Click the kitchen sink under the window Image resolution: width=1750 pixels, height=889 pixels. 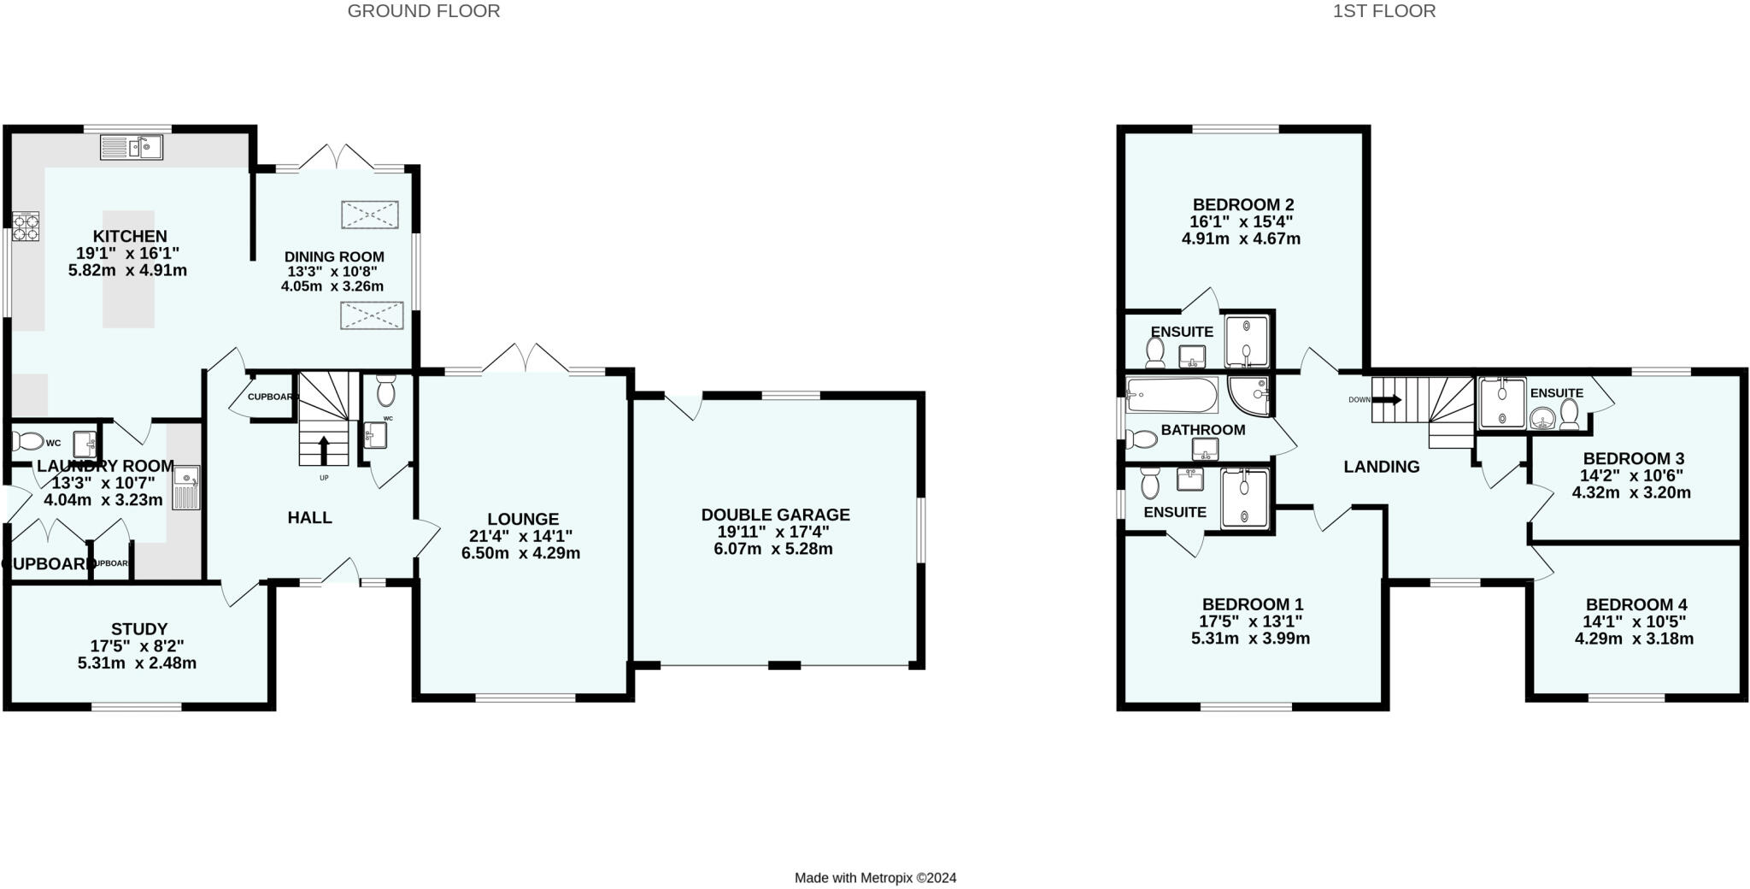click(132, 147)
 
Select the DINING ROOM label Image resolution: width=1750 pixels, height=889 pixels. click(334, 256)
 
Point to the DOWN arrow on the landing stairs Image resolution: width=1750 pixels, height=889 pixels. click(1388, 399)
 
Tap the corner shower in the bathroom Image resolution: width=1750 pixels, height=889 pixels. click(1250, 393)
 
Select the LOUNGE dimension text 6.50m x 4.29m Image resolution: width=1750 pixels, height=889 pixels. click(521, 553)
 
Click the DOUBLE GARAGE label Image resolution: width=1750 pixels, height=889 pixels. click(775, 515)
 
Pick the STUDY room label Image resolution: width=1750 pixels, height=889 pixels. click(139, 629)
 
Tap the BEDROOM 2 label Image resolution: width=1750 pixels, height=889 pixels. click(1243, 204)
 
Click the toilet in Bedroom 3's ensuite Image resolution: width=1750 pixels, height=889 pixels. click(1569, 415)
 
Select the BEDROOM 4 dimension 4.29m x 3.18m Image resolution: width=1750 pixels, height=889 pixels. click(1634, 639)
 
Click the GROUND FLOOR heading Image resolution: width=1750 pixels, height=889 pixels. click(424, 11)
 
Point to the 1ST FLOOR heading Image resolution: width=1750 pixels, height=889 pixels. click(1384, 11)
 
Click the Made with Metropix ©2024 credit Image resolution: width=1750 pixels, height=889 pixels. click(875, 878)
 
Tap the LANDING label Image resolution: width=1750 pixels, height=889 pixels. click(1381, 467)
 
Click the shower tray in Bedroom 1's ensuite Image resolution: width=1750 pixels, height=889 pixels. click(1244, 497)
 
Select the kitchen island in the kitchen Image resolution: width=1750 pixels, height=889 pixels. click(129, 269)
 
